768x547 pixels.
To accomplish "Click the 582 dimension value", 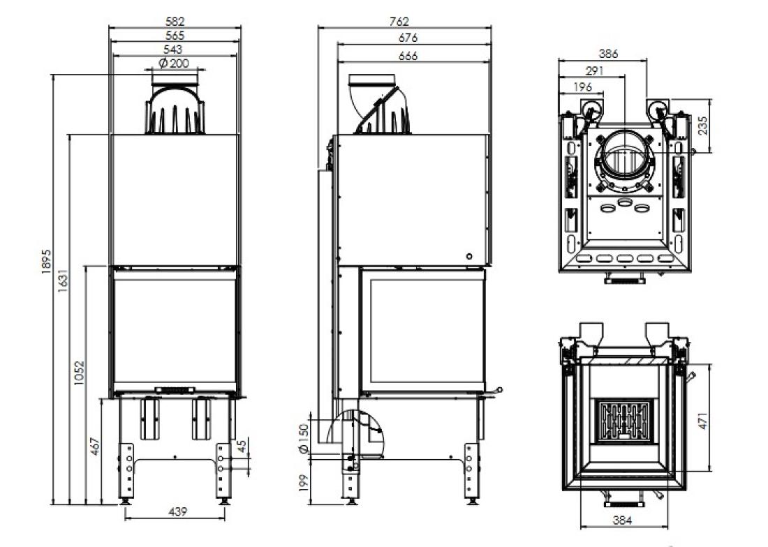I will point(175,22).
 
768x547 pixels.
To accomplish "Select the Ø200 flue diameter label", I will point(174,63).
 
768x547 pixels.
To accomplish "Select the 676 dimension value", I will point(408,38).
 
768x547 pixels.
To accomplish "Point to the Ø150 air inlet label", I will point(302,438).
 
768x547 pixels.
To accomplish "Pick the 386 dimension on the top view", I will point(609,54).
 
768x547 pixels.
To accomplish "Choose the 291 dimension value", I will point(592,70).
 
